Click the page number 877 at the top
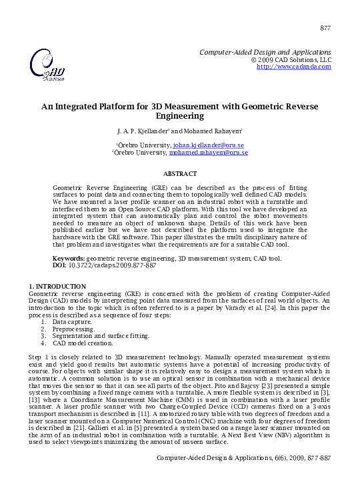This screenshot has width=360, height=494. tap(325, 28)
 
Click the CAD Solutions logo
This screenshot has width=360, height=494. tap(47, 65)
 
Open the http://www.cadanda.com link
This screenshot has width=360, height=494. tap(294, 67)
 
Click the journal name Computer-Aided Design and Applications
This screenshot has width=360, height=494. tap(265, 52)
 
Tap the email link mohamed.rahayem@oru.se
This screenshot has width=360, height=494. tap(208, 153)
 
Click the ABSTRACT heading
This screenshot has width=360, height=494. tap(180, 173)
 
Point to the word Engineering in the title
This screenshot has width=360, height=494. tap(180, 115)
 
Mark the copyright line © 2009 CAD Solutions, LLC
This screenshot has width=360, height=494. tap(291, 59)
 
